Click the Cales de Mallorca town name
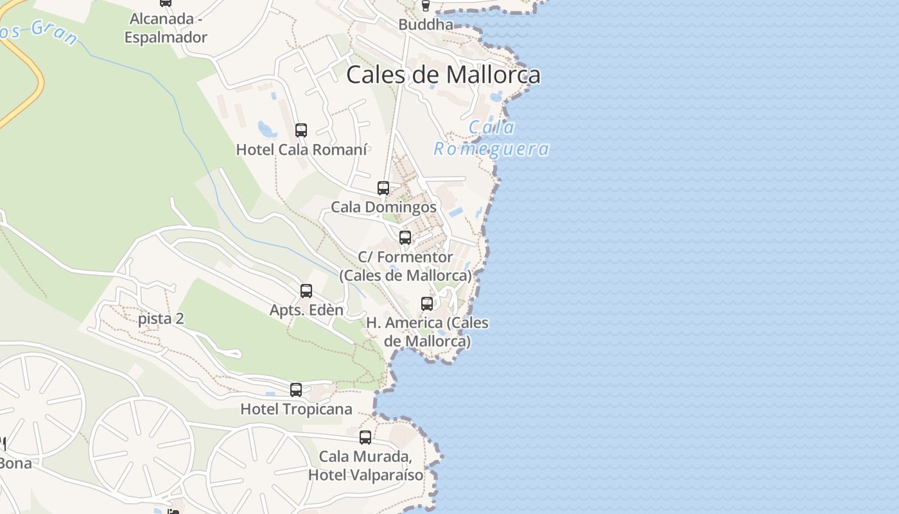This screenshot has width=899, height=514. [443, 75]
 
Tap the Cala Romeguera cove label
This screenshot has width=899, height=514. [492, 138]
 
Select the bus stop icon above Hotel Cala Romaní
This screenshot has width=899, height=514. [301, 130]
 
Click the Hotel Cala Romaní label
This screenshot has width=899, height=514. [302, 150]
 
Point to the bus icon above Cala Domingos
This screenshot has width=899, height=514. [383, 188]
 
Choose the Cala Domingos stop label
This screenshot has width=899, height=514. [383, 207]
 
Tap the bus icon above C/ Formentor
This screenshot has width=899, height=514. [405, 238]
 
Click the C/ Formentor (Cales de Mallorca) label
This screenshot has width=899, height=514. [405, 266]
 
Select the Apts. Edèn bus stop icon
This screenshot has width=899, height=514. [306, 291]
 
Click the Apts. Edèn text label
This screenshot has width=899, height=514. [306, 310]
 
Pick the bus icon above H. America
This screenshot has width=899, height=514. [427, 304]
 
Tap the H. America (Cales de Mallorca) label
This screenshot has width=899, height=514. [427, 332]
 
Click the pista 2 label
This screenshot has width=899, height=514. [161, 319]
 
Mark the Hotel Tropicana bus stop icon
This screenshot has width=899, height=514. [296, 390]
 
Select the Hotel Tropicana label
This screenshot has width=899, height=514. [296, 409]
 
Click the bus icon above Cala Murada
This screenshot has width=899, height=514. [365, 438]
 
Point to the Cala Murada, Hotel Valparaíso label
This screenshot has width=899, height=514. [365, 466]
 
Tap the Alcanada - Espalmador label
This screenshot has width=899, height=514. [166, 28]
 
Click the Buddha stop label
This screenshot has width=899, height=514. [426, 24]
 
